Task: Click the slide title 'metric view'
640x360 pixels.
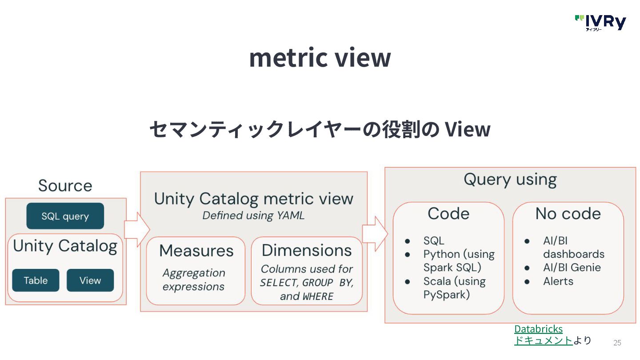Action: (320, 57)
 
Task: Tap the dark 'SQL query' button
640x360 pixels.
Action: (65, 216)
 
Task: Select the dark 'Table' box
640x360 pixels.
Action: (36, 280)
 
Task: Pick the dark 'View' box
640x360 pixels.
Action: (90, 280)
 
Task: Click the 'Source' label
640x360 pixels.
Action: (65, 186)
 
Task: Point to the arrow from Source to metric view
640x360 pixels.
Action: (136, 229)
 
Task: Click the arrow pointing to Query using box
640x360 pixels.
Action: (375, 234)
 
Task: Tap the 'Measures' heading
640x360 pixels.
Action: (196, 251)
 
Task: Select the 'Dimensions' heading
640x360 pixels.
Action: (307, 250)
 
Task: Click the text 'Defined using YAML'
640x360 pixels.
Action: (253, 216)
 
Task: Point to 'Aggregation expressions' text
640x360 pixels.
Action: (194, 280)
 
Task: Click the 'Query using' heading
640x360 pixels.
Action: (510, 180)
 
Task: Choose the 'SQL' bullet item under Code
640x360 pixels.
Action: (434, 241)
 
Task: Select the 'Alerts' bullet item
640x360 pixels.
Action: (558, 281)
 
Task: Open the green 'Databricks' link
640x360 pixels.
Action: (538, 329)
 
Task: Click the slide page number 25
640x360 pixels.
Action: (617, 343)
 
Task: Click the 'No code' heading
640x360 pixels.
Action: (568, 214)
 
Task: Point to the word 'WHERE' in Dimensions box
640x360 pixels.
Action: (318, 296)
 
